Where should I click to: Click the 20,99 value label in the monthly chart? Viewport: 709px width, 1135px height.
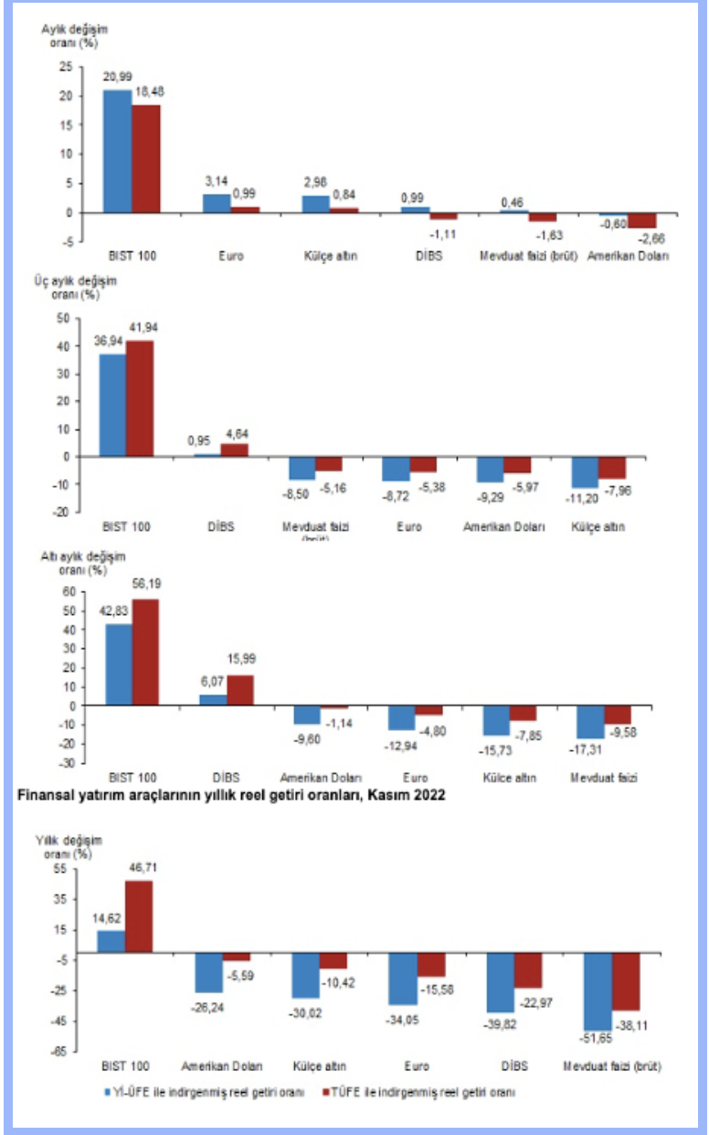point(116,80)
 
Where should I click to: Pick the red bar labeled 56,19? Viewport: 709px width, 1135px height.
point(146,652)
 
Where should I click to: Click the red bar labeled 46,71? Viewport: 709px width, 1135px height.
point(139,917)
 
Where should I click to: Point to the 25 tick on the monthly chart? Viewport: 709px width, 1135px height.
point(64,67)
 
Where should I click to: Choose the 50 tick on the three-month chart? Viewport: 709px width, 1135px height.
point(63,318)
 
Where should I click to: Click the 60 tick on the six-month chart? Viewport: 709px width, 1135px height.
point(65,591)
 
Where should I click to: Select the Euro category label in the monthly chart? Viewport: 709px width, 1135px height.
point(231,255)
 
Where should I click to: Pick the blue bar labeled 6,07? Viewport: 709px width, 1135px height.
point(213,699)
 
